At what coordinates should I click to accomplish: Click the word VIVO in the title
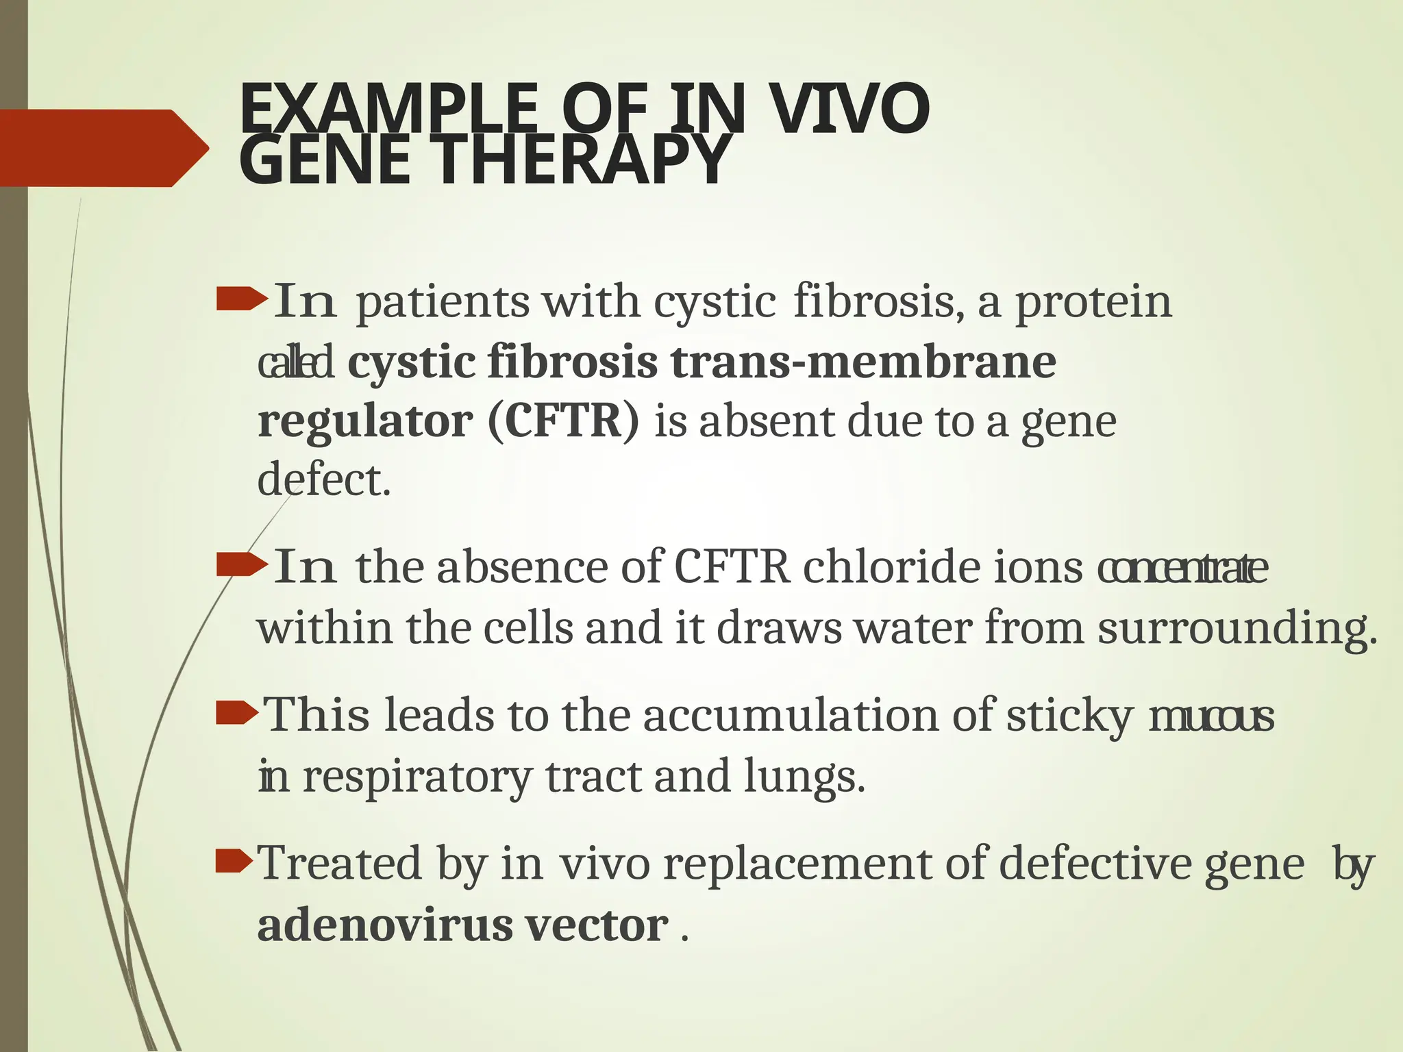coord(849,110)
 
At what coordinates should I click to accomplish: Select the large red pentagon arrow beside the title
coord(103,147)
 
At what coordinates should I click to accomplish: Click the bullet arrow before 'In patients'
coord(240,300)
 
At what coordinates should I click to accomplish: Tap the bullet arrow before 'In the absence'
coord(240,566)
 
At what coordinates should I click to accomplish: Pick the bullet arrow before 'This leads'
coord(237,714)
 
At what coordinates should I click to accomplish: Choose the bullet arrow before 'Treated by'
coord(234,862)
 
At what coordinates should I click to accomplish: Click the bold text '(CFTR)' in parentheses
coord(563,421)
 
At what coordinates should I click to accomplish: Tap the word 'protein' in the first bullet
coord(1093,301)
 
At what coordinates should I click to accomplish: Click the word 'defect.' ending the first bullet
coord(324,479)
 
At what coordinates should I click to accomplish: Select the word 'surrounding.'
coord(1237,628)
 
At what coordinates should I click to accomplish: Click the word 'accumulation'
coord(791,716)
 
